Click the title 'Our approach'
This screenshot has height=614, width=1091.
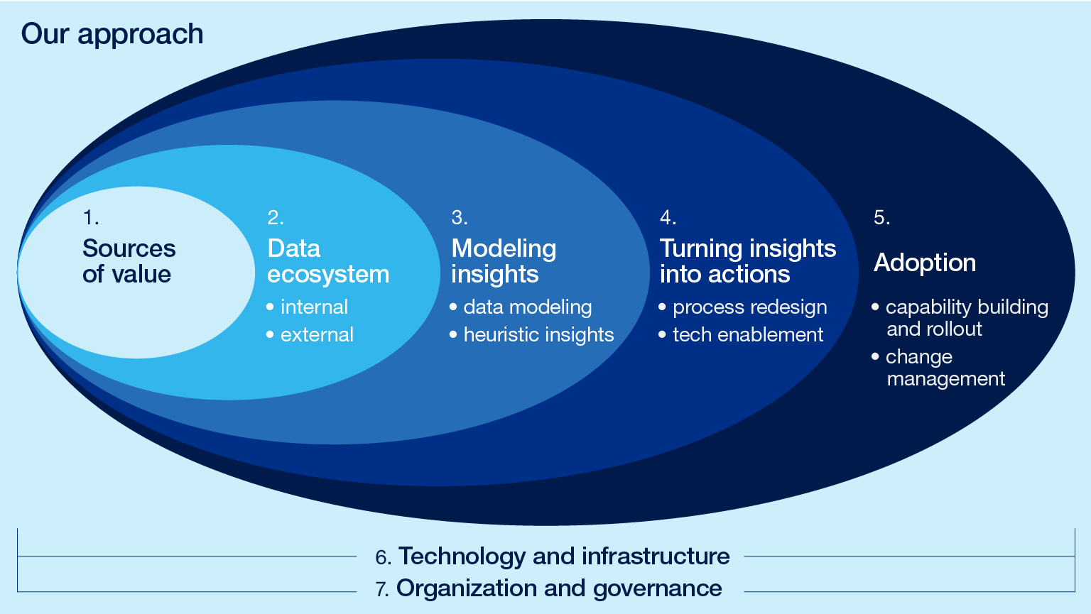112,34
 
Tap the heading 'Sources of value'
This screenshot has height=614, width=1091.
129,261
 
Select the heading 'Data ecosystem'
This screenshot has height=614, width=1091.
328,261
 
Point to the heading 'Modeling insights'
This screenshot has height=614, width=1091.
504,261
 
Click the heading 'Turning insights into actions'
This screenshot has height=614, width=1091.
747,261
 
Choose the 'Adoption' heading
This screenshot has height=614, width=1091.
925,263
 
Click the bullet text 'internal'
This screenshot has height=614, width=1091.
314,307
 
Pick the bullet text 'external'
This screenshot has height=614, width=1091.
317,334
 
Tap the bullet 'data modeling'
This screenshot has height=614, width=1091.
527,307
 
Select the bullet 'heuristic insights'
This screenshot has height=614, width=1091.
538,334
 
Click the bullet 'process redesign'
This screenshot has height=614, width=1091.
749,307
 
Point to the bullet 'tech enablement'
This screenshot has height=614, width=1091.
748,334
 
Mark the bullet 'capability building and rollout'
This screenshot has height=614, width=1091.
966,317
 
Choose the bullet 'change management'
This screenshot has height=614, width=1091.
945,367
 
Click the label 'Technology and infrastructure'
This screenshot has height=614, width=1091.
564,556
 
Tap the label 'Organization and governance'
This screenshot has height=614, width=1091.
559,588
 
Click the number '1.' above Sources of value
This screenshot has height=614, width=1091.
90,217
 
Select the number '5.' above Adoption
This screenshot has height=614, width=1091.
881,217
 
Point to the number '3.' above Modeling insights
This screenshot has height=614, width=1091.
459,217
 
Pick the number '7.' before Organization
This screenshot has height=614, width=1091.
382,589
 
